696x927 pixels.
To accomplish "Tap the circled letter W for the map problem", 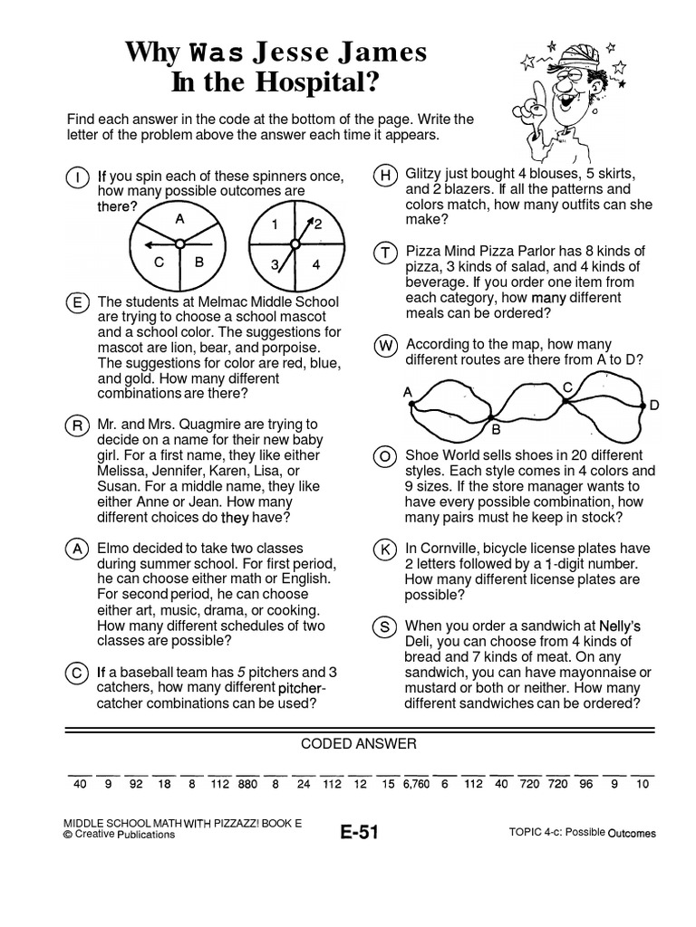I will click(385, 345).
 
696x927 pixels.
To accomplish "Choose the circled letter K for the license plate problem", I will click(385, 550).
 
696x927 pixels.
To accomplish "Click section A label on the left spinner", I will click(179, 219).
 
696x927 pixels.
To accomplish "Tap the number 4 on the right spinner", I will click(315, 265).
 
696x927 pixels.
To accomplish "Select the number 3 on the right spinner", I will click(273, 265).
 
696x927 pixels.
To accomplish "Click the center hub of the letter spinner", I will click(179, 243).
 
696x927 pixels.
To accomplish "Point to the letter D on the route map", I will click(654, 407).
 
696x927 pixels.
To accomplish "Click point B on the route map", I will click(496, 430).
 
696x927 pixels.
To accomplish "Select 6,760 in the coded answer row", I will click(416, 785).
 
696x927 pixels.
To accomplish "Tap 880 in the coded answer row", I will click(248, 785).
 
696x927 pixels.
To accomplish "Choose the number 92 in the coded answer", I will click(137, 785).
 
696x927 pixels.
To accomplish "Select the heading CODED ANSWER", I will click(359, 744).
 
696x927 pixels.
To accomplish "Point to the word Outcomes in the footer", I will click(632, 834).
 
